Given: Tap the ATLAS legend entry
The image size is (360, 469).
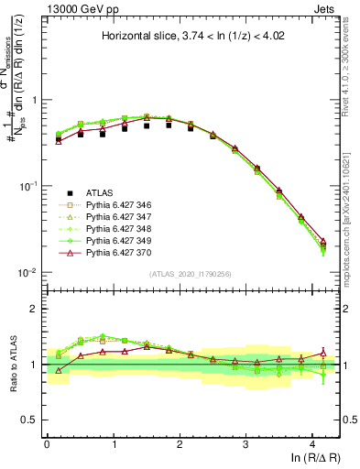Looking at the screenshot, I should click(x=99, y=192).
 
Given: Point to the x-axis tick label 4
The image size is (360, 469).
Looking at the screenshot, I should click(x=312, y=442).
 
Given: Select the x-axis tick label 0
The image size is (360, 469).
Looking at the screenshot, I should click(x=47, y=442).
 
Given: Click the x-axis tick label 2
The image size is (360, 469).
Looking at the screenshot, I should click(x=180, y=442).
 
